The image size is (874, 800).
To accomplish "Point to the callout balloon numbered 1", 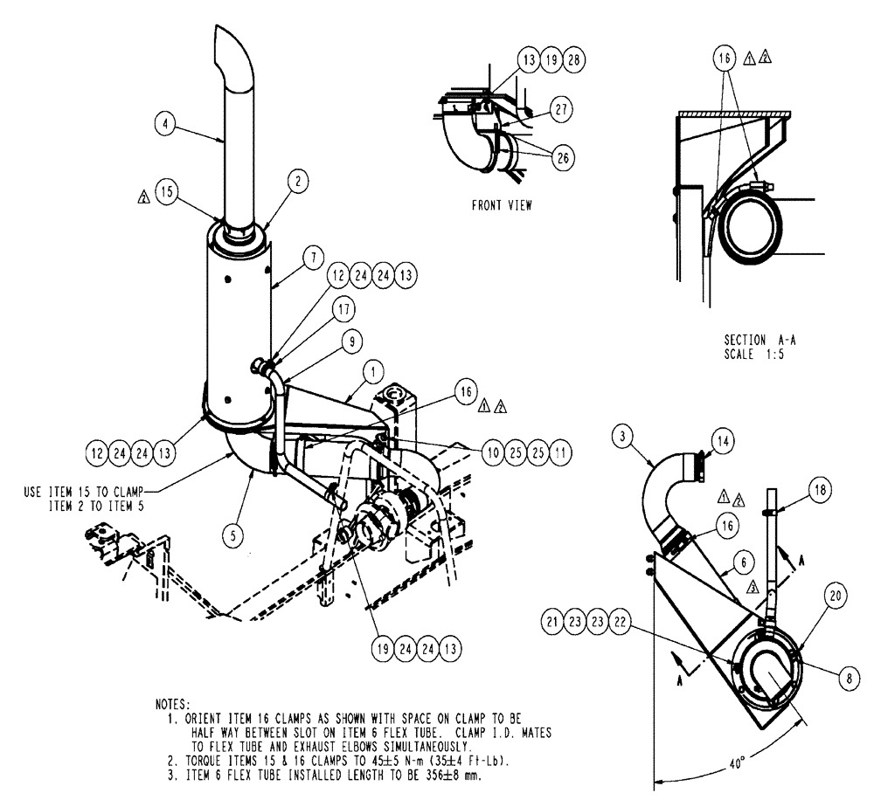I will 372,373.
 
